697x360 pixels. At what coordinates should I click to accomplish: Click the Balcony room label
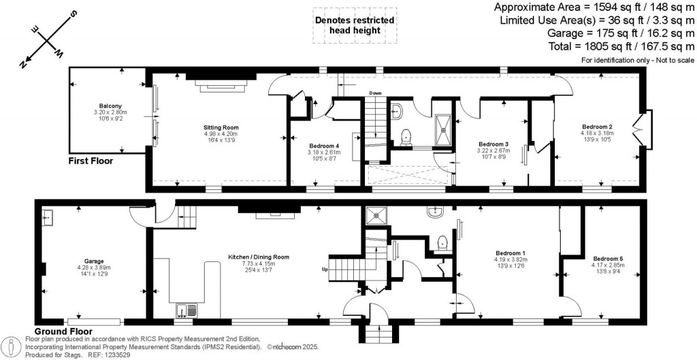point(110,105)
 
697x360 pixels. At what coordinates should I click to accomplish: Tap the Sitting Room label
point(221,127)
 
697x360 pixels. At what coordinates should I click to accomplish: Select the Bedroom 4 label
point(324,146)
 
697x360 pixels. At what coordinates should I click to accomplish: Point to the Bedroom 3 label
point(493,144)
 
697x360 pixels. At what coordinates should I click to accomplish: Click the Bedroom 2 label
point(597,127)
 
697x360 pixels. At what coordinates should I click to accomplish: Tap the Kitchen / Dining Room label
point(259,257)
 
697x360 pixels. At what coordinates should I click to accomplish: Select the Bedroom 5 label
point(608,259)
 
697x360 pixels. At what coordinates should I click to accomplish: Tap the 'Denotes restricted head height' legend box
point(354,26)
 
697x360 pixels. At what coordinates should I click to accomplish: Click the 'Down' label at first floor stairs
point(375,93)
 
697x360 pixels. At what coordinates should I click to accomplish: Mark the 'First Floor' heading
point(91,161)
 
